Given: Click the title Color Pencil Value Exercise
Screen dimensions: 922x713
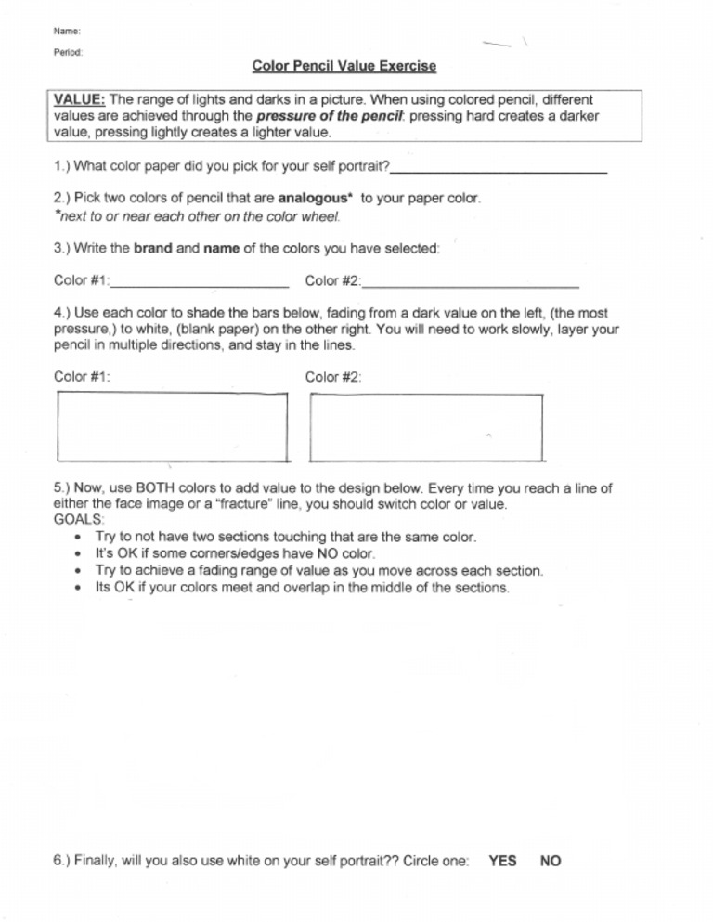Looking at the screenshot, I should tap(344, 67).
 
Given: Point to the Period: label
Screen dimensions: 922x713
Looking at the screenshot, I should tap(69, 53).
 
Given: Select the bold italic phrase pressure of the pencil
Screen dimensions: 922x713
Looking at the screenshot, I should tap(318, 116).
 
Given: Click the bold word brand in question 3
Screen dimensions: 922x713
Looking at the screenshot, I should tap(152, 249).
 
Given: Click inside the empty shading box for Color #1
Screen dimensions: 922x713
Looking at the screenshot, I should tap(172, 427).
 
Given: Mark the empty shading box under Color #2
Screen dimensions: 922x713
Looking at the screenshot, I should tap(426, 427).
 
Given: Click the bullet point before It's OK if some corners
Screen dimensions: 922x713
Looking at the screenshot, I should tap(75, 554).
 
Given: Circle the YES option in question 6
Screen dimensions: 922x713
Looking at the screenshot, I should tap(502, 861).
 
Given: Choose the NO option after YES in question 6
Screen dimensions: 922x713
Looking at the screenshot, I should tap(550, 861).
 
